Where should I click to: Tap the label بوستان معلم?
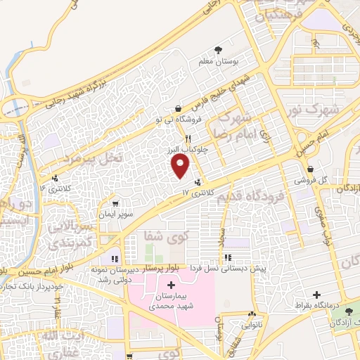[221, 62]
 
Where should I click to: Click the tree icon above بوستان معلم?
[220, 50]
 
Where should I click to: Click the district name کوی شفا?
[161, 235]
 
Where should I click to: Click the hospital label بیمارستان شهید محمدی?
[172, 302]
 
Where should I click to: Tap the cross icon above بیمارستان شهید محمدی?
[172, 283]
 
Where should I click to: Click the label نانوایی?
[251, 324]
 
